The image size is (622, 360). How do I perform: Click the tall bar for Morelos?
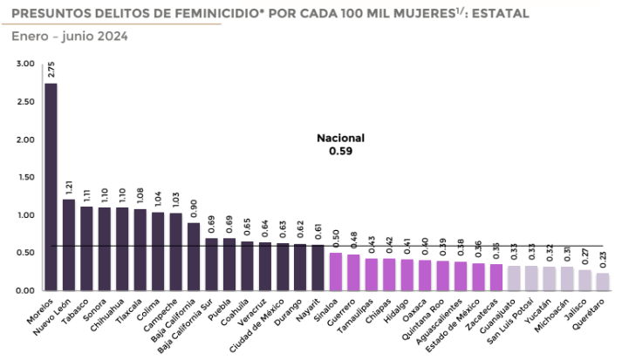coord(51,187)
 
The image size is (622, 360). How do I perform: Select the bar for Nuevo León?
coord(69,245)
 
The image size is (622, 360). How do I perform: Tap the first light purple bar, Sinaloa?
coord(335,271)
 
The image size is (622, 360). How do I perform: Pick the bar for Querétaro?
coord(603,282)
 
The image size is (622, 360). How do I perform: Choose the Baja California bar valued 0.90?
coord(194,256)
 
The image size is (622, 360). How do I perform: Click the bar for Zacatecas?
coord(496,277)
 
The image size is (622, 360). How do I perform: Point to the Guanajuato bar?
coord(514,278)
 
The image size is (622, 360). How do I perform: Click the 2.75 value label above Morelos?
coord(51,70)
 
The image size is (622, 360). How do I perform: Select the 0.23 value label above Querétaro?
coord(603,261)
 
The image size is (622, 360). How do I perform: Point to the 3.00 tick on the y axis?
coord(24,65)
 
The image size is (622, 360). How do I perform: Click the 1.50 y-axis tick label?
coord(24,178)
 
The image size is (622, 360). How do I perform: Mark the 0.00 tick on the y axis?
coord(24,290)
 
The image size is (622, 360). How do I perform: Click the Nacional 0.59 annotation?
coord(340,145)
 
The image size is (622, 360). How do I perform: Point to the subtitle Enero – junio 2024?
coord(70,36)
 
